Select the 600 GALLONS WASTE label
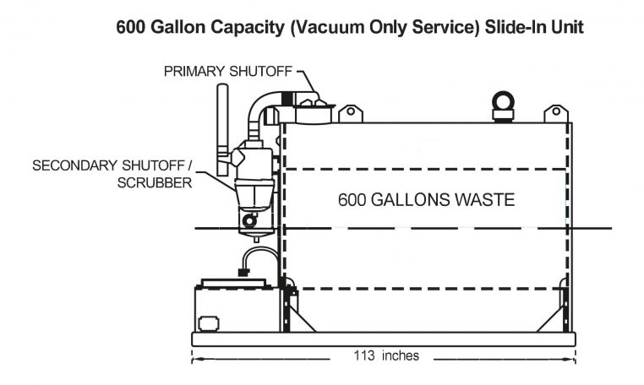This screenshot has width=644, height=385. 426,200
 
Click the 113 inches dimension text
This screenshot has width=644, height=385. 385,355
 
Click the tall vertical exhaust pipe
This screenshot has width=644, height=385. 223,118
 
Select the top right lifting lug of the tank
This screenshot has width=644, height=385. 555,113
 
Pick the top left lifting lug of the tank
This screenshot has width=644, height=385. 350,113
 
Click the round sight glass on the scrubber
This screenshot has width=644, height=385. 248,221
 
